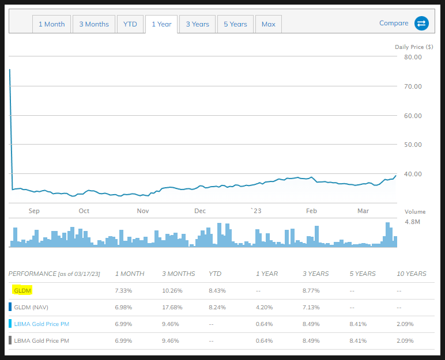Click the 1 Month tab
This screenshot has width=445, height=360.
(51, 24)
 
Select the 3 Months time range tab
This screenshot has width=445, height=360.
(94, 24)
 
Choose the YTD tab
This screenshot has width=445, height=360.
(130, 24)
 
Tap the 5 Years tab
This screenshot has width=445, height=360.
(235, 24)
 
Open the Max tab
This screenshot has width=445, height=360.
(268, 24)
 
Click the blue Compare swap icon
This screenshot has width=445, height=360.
(421, 24)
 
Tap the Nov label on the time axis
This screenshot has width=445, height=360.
(143, 211)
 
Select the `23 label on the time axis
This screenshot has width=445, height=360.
(255, 211)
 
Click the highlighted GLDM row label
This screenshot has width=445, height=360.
(22, 290)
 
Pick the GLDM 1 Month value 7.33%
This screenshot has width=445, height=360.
(124, 291)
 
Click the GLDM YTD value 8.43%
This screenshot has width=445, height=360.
(217, 291)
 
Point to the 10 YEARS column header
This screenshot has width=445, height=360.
(412, 274)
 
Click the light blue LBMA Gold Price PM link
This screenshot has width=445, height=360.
(41, 324)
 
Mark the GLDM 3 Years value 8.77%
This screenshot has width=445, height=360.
(312, 291)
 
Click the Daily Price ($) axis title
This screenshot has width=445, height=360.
(409, 47)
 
